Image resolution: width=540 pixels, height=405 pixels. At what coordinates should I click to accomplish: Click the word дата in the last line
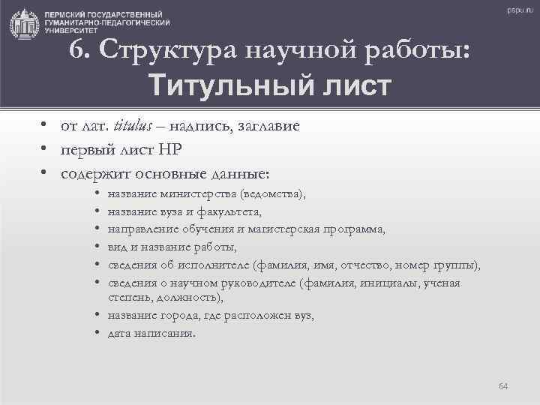120,333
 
